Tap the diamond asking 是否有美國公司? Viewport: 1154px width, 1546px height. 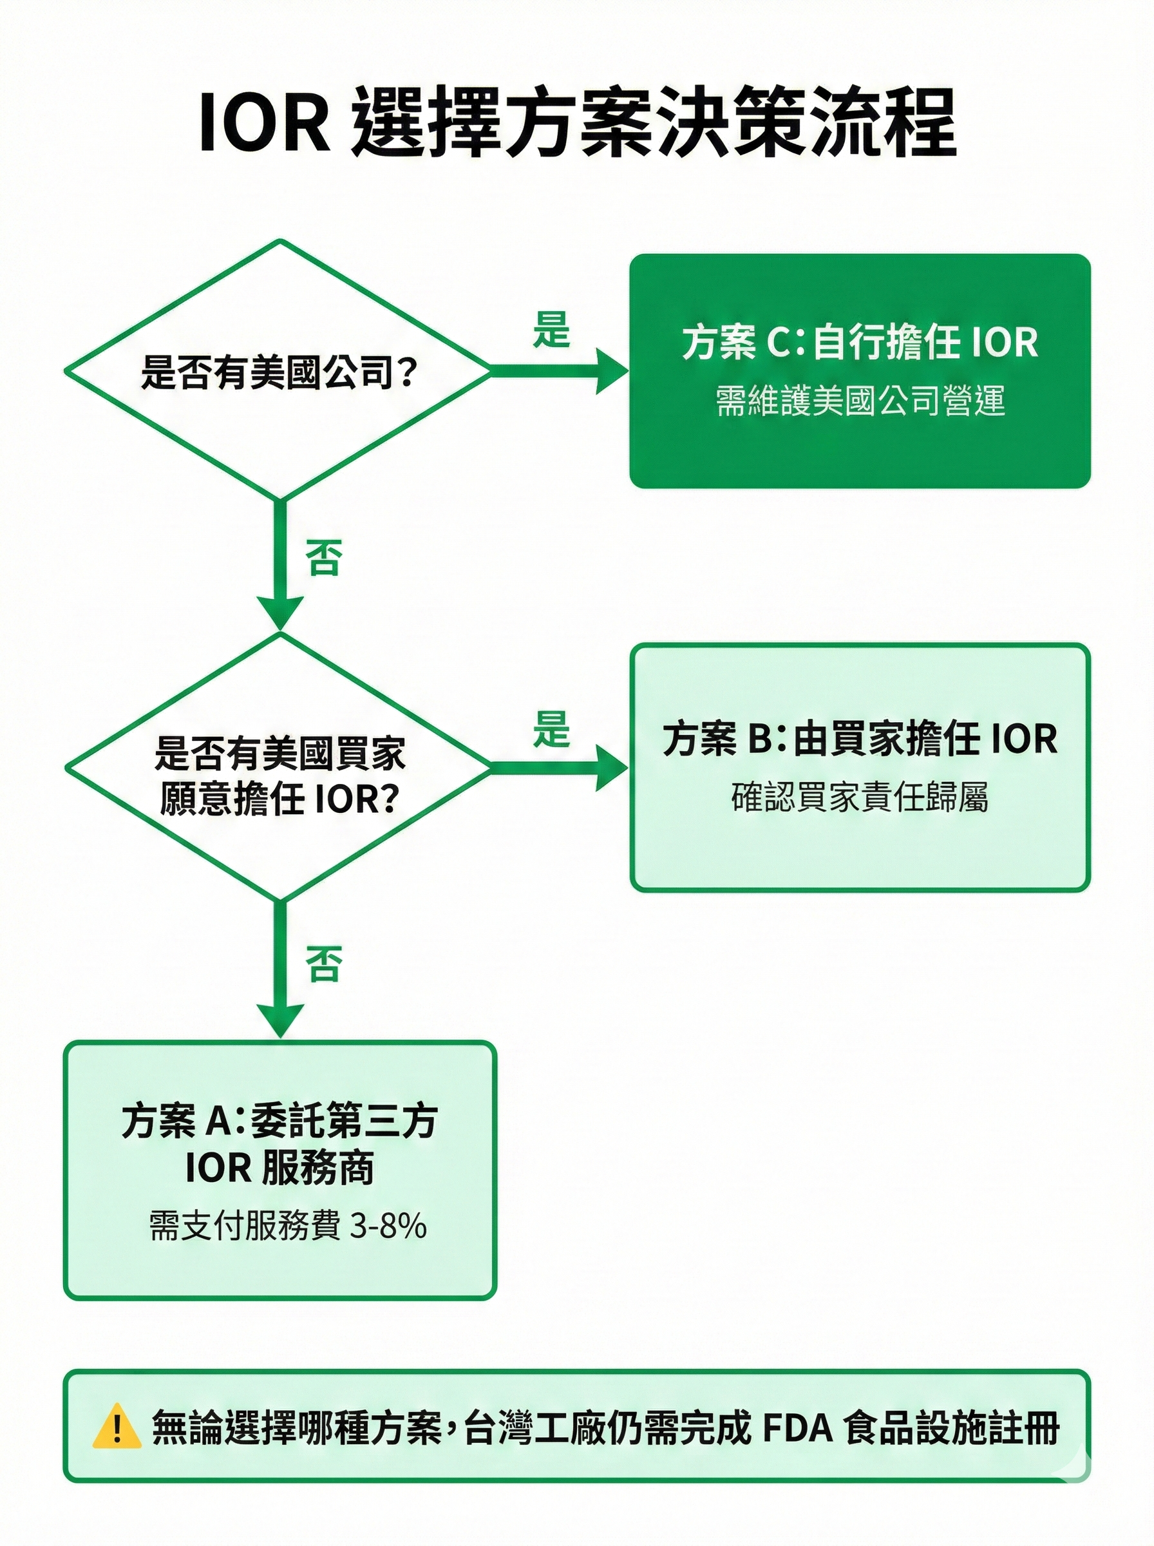(279, 370)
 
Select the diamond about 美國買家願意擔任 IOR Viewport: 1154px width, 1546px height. (279, 768)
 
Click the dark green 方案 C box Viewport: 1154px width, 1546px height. (859, 371)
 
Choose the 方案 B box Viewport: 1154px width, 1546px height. (859, 767)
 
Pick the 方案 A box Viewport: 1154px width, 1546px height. (279, 1170)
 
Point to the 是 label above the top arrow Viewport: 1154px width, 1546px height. (551, 330)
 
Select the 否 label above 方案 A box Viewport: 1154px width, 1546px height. (323, 964)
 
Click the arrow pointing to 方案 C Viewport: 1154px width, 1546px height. (559, 371)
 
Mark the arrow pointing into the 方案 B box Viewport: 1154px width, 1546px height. (559, 767)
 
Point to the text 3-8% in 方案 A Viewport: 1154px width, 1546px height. (388, 1226)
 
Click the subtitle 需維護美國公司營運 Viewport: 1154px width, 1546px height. (859, 402)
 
